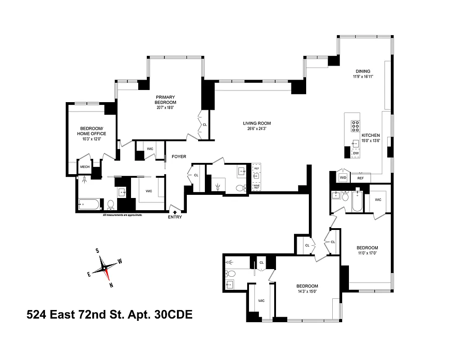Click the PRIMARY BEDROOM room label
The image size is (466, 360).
coord(166,99)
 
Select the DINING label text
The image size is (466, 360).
coord(363,71)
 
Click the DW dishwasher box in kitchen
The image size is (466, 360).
coord(356,153)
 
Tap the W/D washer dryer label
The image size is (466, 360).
coord(343,178)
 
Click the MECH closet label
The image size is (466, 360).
coord(85,167)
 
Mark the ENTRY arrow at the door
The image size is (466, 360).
coord(175,212)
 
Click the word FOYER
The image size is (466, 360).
coord(179,157)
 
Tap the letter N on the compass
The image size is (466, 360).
coord(111,285)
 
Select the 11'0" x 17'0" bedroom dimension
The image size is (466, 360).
coord(367,253)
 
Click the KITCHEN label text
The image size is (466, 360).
coord(370,135)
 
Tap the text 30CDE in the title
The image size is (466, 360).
coord(173,315)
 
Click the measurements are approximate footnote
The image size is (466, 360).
coord(122,216)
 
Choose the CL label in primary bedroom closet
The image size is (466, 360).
coord(204,125)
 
